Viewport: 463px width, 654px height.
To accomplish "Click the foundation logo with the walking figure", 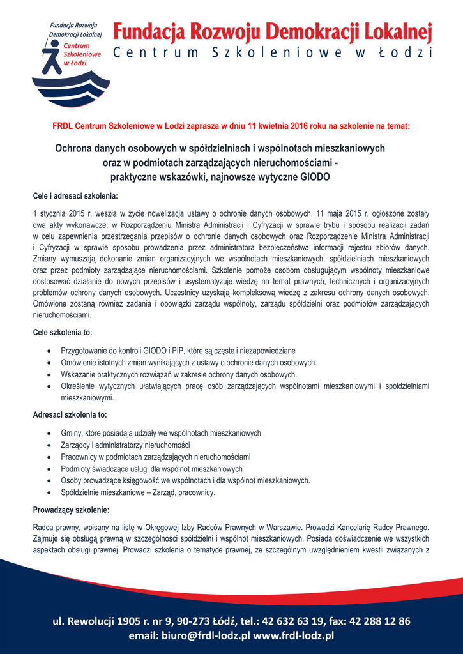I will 71,64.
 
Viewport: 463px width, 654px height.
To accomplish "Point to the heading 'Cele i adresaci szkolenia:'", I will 75,195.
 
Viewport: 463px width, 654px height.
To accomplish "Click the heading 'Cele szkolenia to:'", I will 62,332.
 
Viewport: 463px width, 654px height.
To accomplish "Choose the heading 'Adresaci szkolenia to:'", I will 70,415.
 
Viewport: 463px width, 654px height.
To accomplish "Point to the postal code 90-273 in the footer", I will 186,621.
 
